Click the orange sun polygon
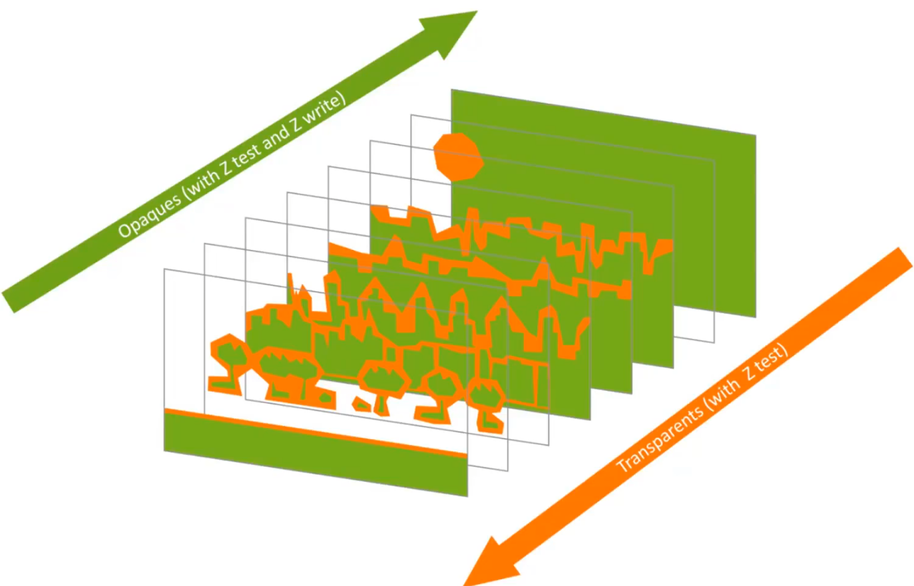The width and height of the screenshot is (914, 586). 458,156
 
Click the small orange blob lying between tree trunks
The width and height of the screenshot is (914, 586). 362,404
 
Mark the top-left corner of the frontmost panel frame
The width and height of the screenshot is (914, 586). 164,269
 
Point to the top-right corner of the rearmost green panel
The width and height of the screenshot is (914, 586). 755,135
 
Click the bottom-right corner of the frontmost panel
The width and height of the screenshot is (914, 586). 467,496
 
